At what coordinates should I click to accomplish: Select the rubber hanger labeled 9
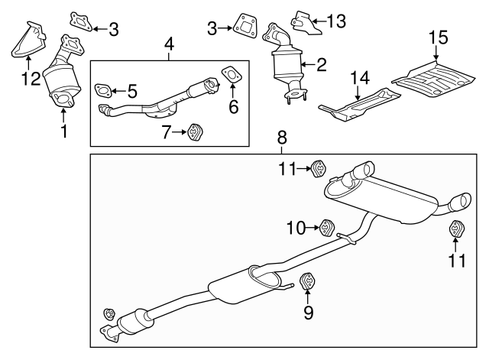[306, 283]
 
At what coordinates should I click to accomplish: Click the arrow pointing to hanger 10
[313, 227]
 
